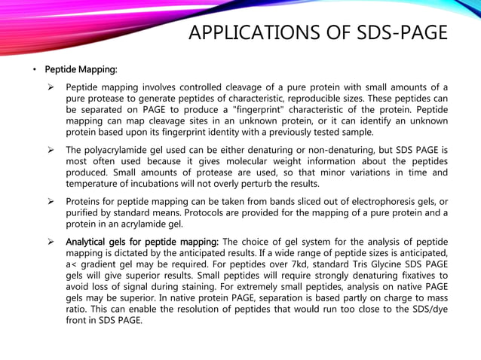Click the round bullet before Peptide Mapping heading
coord(33,70)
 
